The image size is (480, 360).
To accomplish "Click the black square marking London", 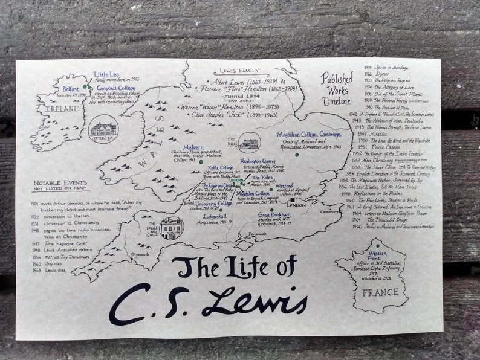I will tap(291, 200).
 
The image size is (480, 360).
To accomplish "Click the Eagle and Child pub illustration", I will tap(171, 227).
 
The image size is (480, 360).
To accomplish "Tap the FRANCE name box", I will tap(380, 292).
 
